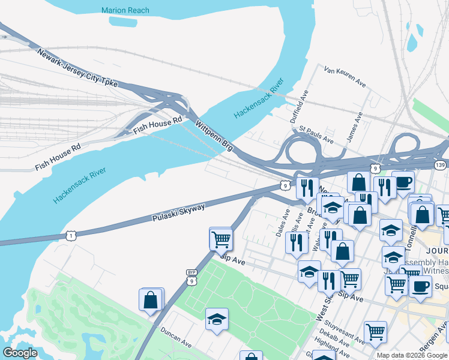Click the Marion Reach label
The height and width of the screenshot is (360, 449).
click(x=125, y=10)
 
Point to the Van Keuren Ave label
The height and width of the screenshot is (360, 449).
click(x=345, y=77)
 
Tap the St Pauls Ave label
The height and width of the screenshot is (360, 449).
click(x=316, y=134)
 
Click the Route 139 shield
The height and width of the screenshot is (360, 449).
click(x=441, y=163)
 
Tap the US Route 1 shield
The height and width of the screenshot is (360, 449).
click(x=71, y=236)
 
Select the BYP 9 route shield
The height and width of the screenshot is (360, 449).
click(x=191, y=277)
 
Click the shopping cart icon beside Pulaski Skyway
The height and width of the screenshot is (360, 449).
click(x=221, y=238)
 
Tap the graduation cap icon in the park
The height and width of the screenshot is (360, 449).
click(x=217, y=319)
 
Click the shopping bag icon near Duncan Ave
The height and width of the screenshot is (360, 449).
click(x=150, y=299)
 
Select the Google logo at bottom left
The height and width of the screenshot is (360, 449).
click(x=20, y=353)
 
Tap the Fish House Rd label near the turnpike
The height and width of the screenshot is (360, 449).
click(x=157, y=125)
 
